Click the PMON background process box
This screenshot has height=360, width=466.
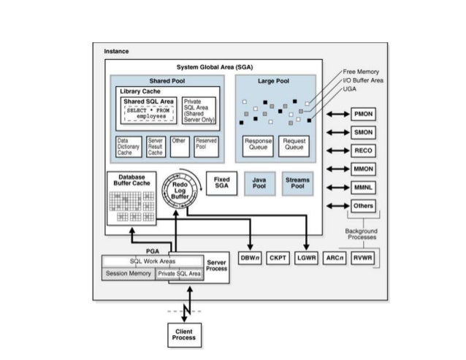363,115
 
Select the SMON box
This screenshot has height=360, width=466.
363,132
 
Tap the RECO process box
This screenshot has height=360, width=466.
363,150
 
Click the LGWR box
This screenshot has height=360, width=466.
306,258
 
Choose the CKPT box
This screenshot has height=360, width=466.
278,258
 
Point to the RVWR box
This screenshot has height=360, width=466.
363,258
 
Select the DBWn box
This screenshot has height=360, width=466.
251,258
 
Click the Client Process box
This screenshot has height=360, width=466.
184,335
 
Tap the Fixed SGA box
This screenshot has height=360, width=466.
221,183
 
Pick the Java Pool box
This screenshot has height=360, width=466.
259,183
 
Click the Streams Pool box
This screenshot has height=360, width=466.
297,183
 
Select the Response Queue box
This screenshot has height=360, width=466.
258,144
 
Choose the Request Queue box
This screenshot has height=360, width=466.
294,144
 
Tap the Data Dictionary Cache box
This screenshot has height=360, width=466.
129,146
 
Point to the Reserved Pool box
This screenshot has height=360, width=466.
206,146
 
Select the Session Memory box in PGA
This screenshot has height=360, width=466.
128,274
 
